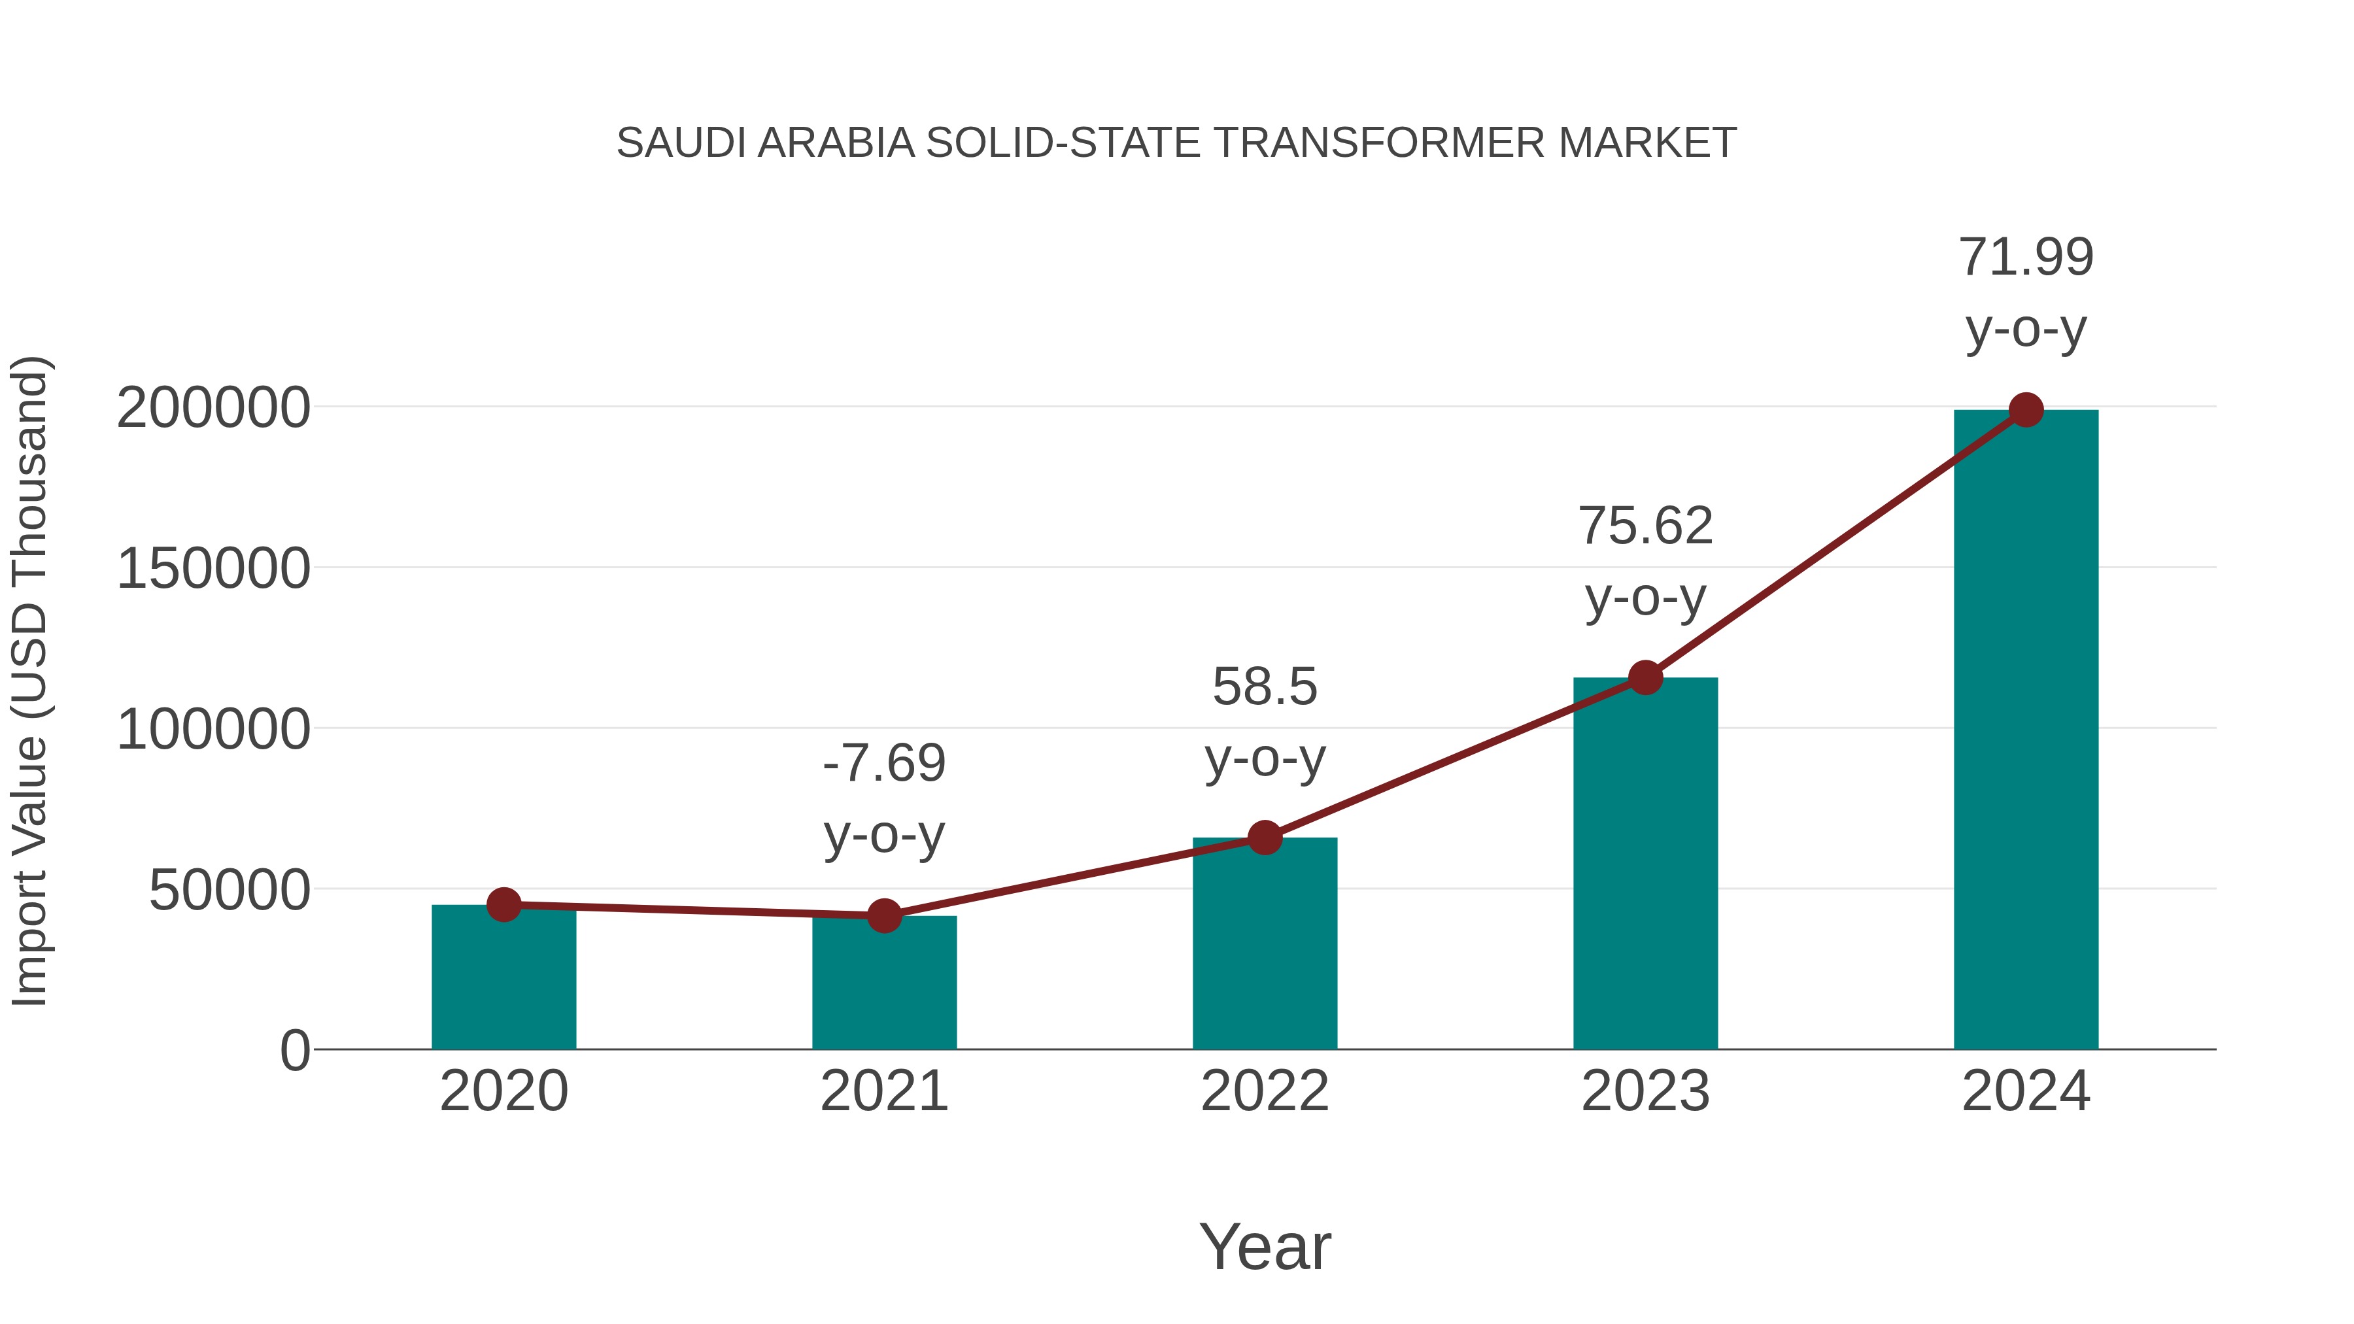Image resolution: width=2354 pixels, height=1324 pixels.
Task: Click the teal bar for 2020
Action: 503,977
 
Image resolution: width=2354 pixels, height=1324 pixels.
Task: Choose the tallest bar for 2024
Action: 2026,731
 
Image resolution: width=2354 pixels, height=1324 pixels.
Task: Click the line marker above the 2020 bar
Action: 503,905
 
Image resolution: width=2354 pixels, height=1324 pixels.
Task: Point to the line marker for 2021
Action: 883,915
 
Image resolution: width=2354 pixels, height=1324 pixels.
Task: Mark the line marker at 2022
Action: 1265,837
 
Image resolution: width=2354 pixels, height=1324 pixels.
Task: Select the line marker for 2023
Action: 1645,678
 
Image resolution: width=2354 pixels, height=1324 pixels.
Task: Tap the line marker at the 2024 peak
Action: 2026,410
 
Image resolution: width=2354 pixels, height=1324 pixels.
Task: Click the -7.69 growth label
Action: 883,763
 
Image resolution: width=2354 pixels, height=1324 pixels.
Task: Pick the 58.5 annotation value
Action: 1265,687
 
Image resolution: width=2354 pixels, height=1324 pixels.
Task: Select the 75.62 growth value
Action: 1645,526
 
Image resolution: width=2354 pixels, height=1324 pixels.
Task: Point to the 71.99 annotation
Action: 2026,257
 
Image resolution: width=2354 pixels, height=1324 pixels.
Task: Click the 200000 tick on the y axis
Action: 213,407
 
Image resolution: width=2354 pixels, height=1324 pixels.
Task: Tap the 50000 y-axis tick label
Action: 230,890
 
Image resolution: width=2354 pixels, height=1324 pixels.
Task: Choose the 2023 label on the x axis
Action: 1645,1091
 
